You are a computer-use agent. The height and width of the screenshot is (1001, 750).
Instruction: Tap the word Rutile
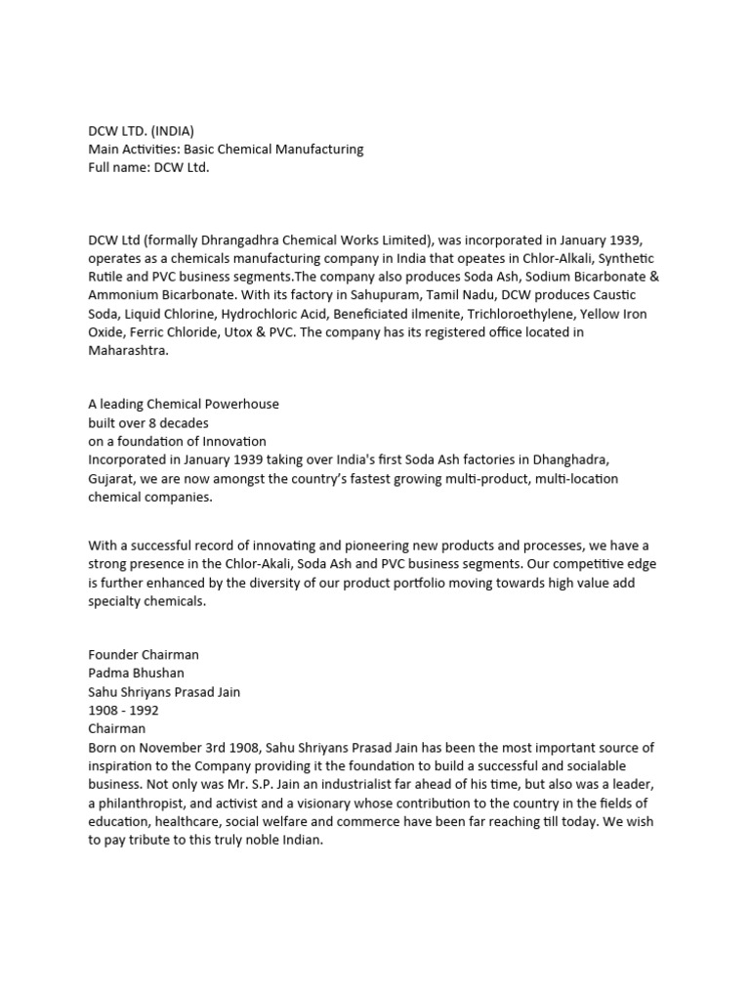(x=108, y=277)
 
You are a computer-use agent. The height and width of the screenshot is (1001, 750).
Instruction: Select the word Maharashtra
(x=128, y=351)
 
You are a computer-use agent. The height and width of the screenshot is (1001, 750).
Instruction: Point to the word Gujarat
(x=113, y=479)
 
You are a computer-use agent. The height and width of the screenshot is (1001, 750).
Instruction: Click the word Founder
(x=114, y=655)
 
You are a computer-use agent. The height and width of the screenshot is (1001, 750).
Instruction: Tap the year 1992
(x=143, y=711)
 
